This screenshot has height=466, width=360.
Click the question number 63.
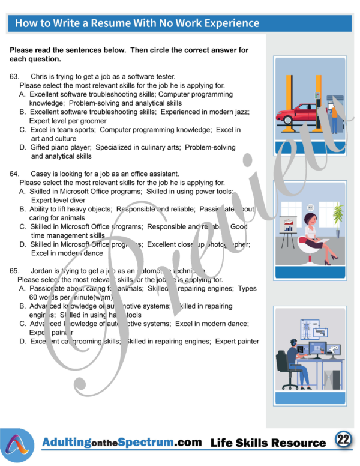(x=15, y=77)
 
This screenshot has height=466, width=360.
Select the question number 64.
(x=15, y=174)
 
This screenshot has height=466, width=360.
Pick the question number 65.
(x=15, y=271)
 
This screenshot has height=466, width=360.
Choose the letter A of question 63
(x=22, y=94)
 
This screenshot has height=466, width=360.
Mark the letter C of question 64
(x=22, y=227)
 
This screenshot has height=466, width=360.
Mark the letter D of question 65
(x=22, y=342)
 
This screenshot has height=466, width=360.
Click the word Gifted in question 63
(x=41, y=147)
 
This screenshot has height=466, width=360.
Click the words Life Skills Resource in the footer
(x=268, y=443)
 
